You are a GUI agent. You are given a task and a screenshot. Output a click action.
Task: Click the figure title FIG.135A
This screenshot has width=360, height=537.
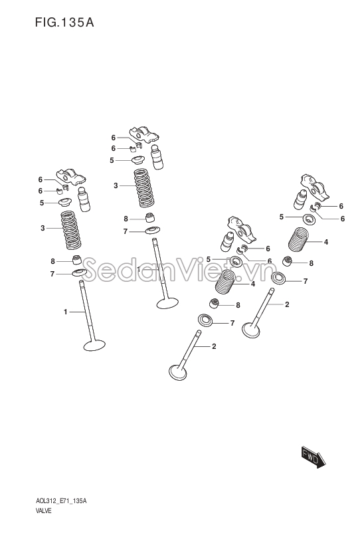[64, 23]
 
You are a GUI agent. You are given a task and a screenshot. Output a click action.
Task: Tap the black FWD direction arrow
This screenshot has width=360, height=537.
[314, 457]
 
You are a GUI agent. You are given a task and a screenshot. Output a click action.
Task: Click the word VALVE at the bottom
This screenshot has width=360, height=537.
[43, 511]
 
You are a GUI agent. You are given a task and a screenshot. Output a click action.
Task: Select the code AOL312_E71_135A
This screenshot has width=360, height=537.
[61, 501]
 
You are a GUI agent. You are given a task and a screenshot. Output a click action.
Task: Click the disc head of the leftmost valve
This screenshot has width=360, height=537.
[94, 345]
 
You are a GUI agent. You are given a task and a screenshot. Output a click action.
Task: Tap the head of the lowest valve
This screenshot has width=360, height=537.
[177, 372]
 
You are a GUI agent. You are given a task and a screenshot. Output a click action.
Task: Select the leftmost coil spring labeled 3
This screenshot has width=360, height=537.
[70, 230]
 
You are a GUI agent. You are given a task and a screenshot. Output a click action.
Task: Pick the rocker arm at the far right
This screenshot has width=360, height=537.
[315, 186]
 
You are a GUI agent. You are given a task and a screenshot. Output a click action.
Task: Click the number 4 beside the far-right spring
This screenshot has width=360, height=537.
[326, 242]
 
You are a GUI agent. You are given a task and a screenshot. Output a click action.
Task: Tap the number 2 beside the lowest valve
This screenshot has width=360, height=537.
[214, 346]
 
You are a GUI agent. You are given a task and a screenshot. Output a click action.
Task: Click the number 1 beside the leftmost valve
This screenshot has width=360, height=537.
[65, 312]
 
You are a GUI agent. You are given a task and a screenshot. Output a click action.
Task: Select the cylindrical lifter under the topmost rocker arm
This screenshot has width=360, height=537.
[157, 157]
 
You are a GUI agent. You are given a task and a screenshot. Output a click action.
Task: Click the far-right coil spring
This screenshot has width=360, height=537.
[298, 239]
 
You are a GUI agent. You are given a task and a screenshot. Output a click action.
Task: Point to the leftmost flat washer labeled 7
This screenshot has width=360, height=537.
[80, 273]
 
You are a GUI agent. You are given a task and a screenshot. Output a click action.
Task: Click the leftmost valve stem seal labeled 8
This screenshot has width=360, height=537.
[77, 260]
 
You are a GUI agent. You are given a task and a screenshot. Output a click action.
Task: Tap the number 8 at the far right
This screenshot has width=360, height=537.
[311, 263]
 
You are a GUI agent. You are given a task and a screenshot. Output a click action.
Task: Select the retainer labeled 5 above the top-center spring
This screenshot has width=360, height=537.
[138, 160]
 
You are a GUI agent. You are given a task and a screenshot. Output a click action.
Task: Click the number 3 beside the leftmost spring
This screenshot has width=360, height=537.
[43, 228]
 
